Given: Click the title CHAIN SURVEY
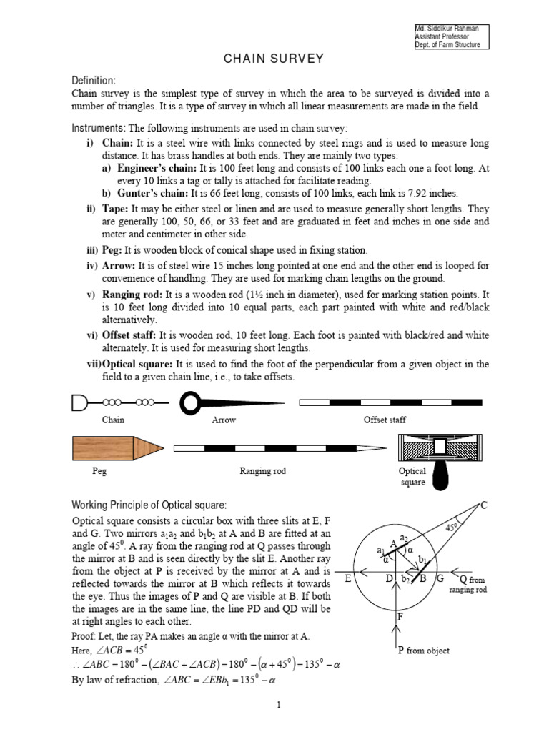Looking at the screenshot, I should (x=275, y=59).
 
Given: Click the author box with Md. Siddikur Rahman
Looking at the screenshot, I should (x=451, y=36).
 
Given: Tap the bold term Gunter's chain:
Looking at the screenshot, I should (x=151, y=193).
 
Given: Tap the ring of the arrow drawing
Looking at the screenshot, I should (x=191, y=403).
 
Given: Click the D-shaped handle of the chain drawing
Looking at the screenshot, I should (x=79, y=405).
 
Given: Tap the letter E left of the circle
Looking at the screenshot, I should (x=348, y=578).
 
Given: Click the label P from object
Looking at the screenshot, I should (x=424, y=650).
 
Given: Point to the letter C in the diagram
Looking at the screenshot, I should (x=484, y=505).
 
